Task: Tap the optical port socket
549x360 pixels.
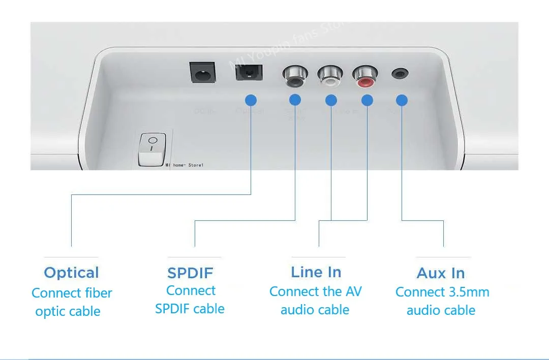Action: [249, 74]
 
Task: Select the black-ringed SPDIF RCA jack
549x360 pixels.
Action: [293, 76]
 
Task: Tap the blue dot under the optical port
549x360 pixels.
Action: [251, 100]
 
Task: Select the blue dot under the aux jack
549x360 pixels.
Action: [402, 100]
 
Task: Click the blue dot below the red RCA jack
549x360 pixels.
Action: [367, 100]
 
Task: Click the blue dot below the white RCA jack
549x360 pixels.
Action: [331, 100]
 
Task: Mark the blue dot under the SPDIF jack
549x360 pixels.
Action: [295, 100]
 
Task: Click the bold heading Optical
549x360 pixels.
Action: [71, 273]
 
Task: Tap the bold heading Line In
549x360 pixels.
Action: [316, 272]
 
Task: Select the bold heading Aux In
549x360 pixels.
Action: [441, 273]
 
